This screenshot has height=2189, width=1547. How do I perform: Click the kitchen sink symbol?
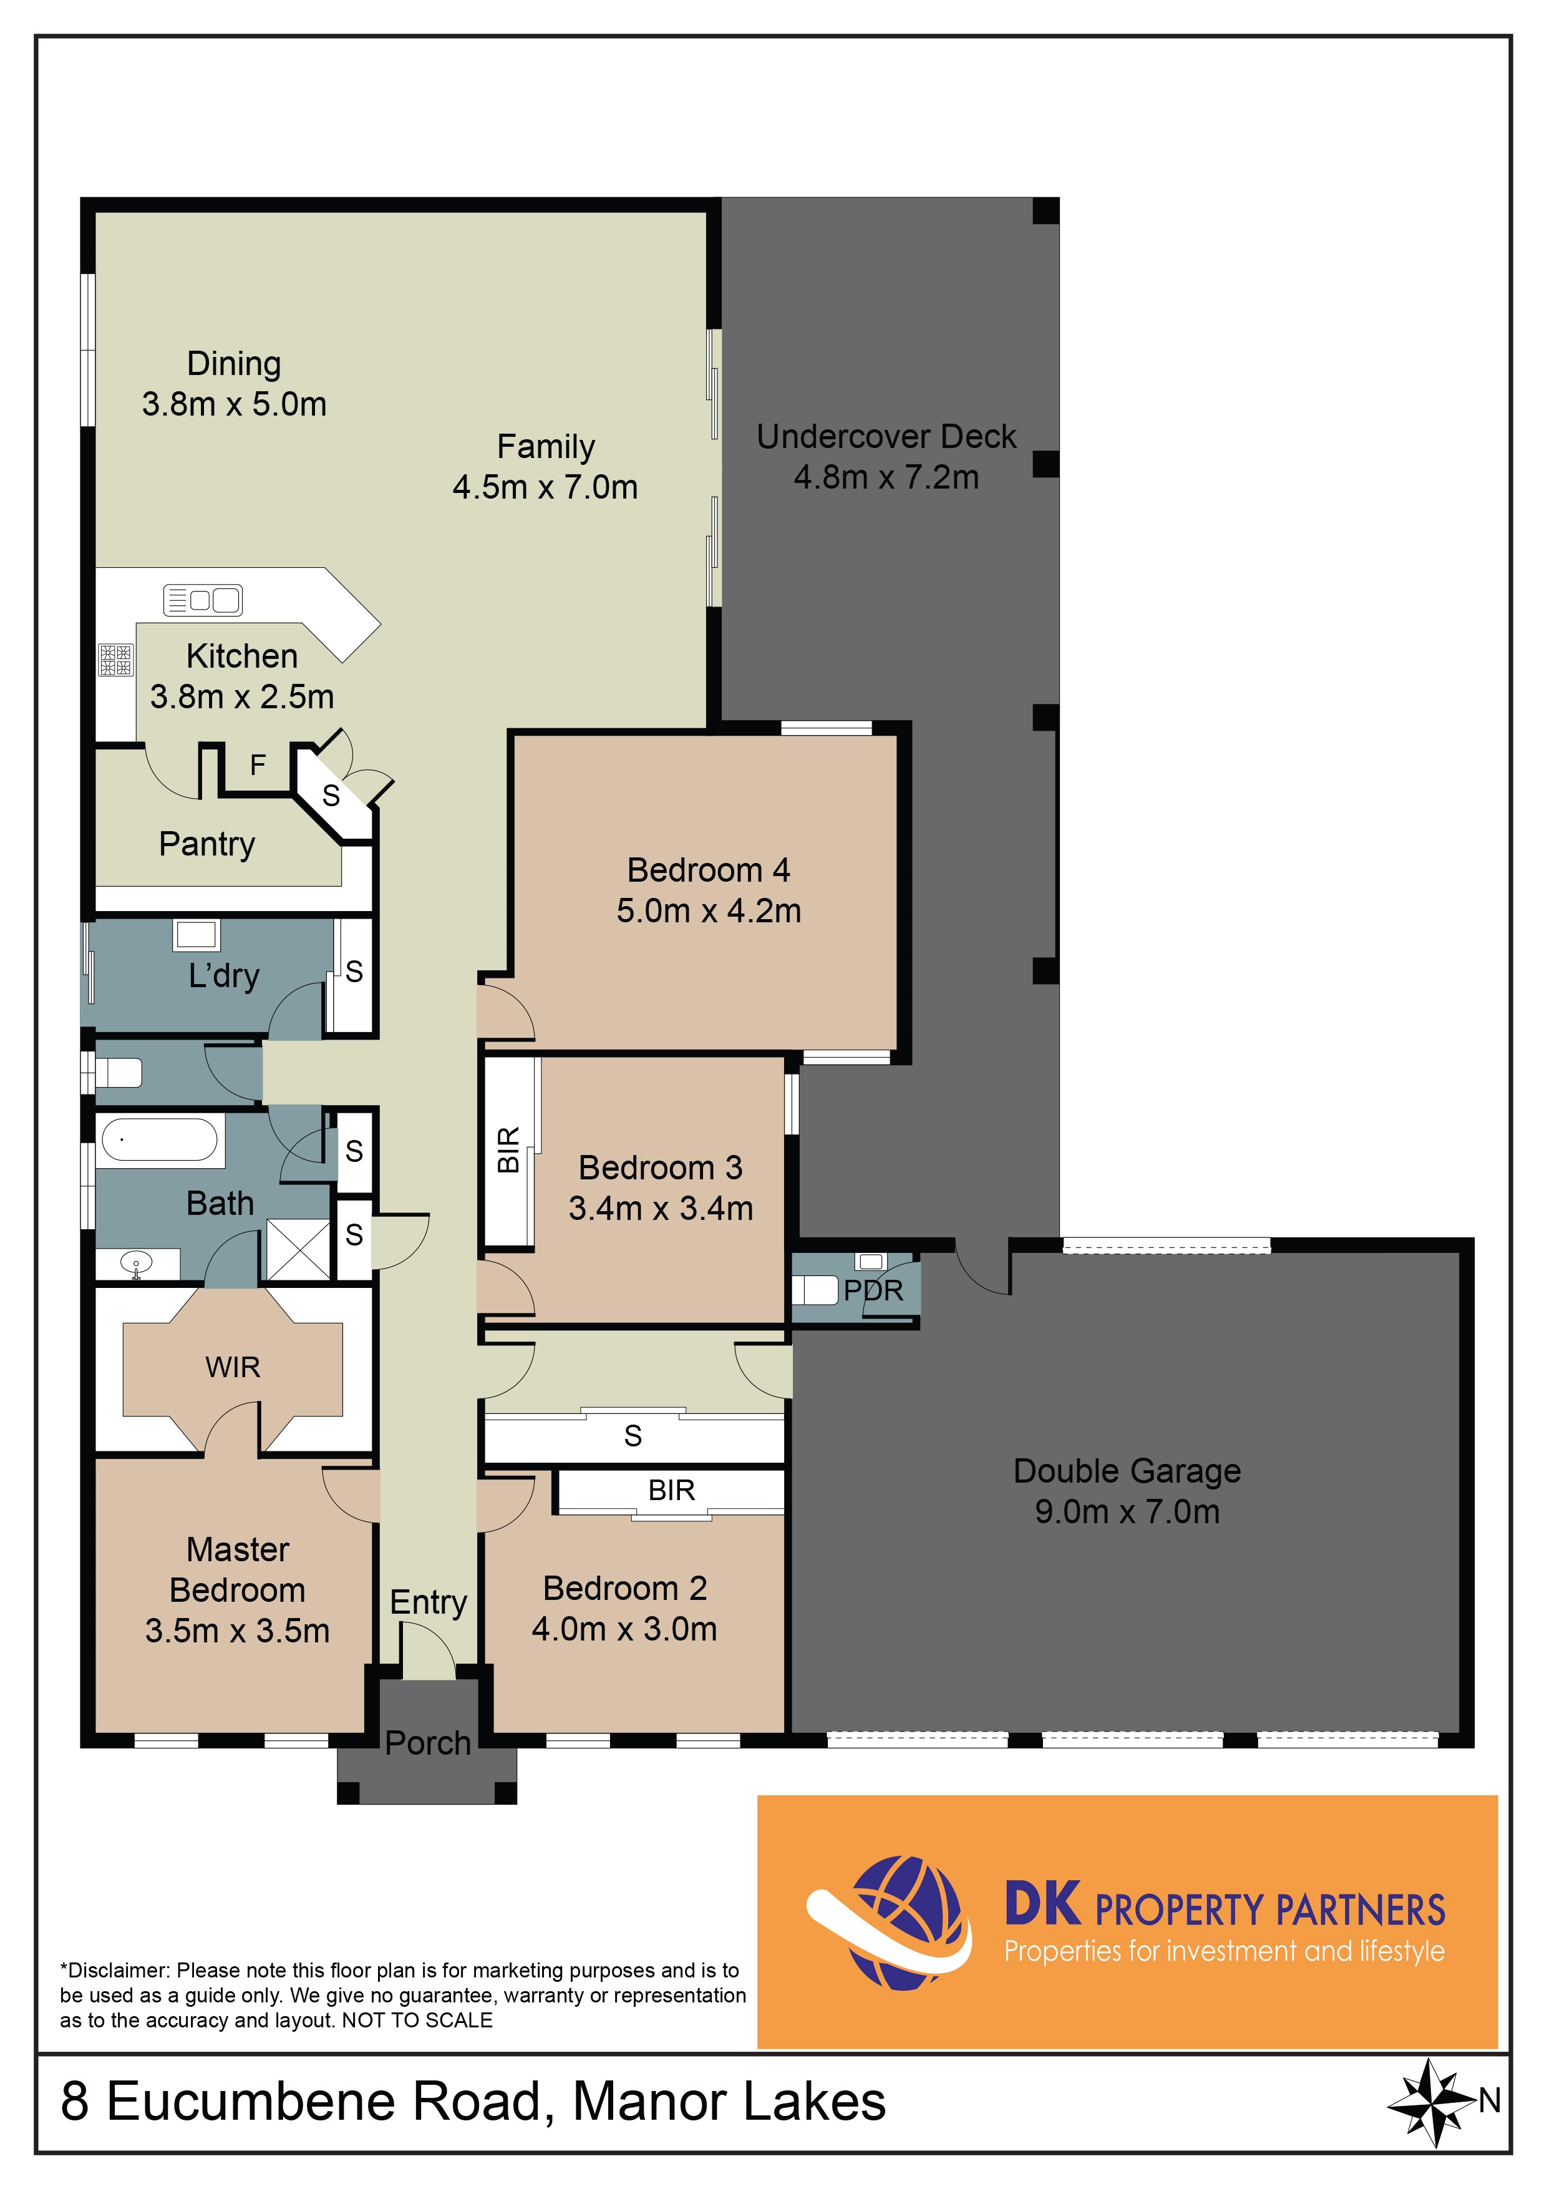pos(203,600)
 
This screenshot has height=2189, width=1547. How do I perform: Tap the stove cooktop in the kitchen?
pos(116,660)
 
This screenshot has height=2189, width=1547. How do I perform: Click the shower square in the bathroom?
pos(298,1249)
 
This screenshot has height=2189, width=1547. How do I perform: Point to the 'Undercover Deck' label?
pos(886,437)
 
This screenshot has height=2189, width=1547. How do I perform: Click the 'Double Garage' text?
pos(1127,1471)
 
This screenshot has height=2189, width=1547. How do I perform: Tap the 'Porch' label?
pos(428,1743)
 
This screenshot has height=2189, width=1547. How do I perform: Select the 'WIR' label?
pos(233,1367)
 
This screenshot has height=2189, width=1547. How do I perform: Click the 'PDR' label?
pos(873,1291)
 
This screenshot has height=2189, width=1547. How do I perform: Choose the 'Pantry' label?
pos(207,845)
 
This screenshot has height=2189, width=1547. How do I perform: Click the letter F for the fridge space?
pos(258,764)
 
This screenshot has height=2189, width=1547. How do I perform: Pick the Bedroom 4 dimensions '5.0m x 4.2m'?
pos(708,910)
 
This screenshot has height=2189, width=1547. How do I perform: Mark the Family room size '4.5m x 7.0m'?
pos(545,487)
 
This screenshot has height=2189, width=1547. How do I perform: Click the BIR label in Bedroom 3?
pos(509,1150)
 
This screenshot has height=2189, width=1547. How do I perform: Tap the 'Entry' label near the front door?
pos(428,1602)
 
